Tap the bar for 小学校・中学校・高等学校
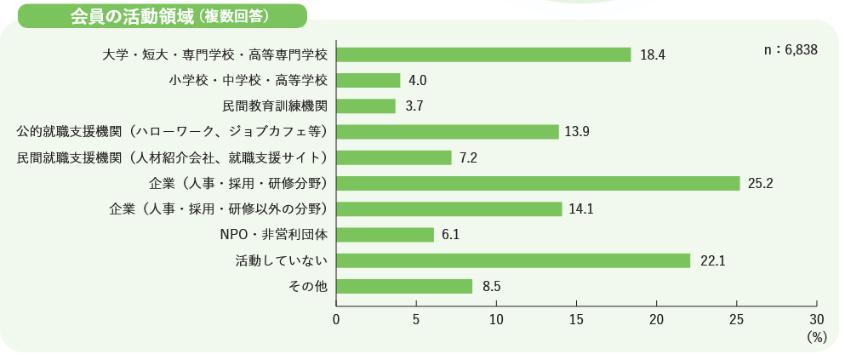click(368, 80)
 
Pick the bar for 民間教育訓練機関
click(366, 106)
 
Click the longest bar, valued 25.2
click(538, 183)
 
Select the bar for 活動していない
click(513, 260)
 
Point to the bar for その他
click(404, 286)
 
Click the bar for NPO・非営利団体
click(385, 235)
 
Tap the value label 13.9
click(577, 132)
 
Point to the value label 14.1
click(580, 209)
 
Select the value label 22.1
click(712, 261)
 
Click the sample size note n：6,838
click(791, 50)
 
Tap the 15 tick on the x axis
click(576, 319)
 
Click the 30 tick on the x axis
click(816, 319)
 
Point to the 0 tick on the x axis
click(336, 319)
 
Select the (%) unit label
click(815, 337)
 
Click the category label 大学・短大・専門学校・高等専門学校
click(214, 54)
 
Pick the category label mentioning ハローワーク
click(173, 132)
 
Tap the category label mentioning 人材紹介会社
click(173, 157)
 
